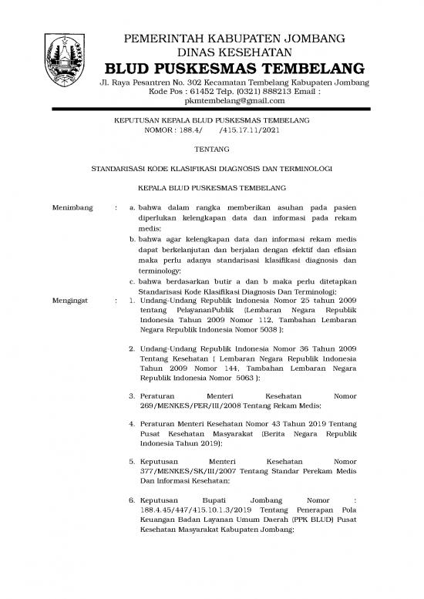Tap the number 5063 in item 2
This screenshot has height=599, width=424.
click(251, 379)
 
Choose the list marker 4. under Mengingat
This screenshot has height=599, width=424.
click(133, 424)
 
